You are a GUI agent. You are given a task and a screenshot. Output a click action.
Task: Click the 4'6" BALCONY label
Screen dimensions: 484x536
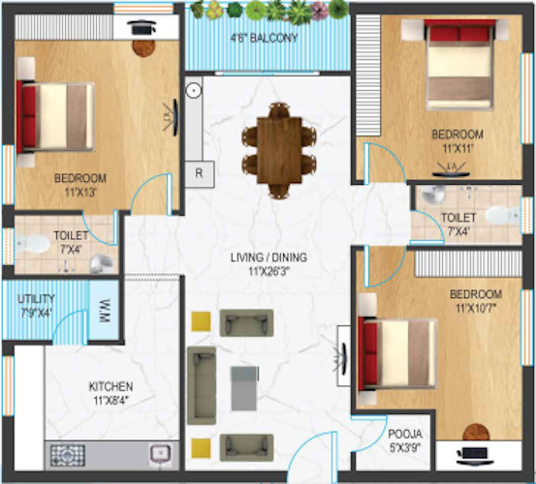[x=264, y=39]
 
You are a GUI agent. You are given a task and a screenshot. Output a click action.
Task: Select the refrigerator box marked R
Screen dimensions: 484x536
[x=199, y=173]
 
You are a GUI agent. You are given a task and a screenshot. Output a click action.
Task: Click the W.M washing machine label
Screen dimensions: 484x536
[x=105, y=312]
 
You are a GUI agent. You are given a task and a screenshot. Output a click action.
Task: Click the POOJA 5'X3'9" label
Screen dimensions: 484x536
[x=404, y=440]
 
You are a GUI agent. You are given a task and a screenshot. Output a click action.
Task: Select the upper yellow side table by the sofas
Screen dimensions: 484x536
[x=201, y=320]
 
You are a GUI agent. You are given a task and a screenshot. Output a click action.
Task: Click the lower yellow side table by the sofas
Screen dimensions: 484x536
[x=201, y=446]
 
